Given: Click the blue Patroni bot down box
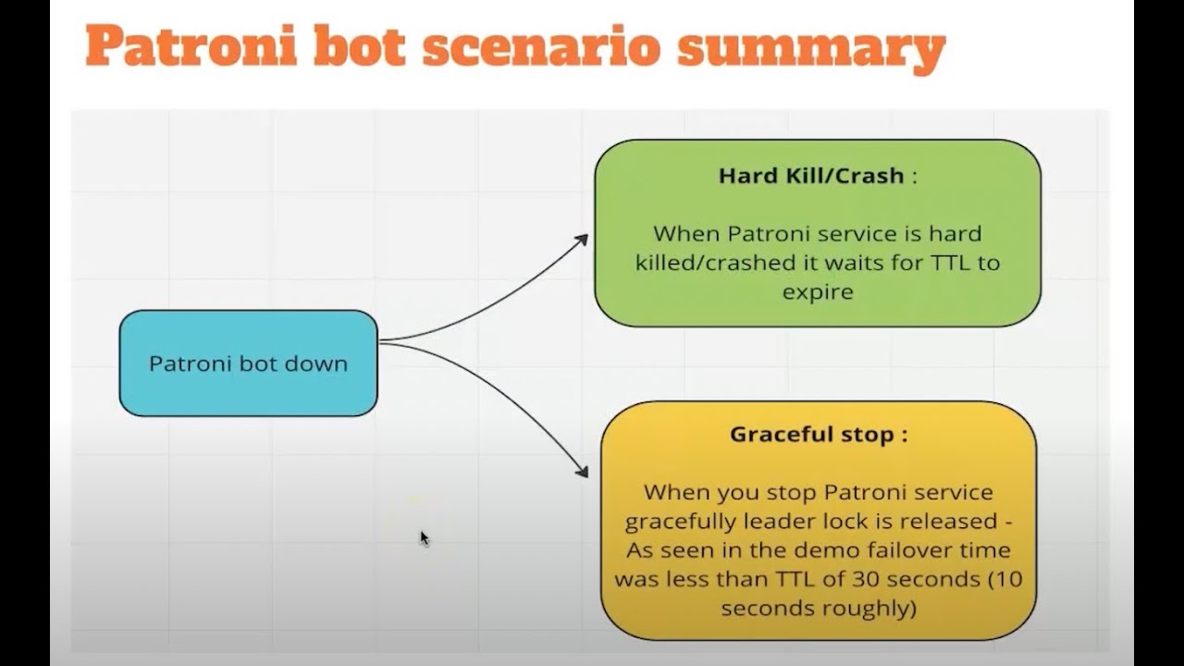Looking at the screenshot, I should (x=248, y=363).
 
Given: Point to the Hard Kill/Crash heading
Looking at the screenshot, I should (x=811, y=176).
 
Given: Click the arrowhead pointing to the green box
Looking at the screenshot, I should (x=581, y=240).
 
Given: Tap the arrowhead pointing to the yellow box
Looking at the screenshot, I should (x=582, y=472).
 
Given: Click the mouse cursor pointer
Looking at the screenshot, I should (x=424, y=537).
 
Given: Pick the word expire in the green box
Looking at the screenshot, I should (x=817, y=292).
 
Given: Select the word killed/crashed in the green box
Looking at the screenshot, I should (x=711, y=263).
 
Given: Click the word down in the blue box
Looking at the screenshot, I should (x=317, y=364).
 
